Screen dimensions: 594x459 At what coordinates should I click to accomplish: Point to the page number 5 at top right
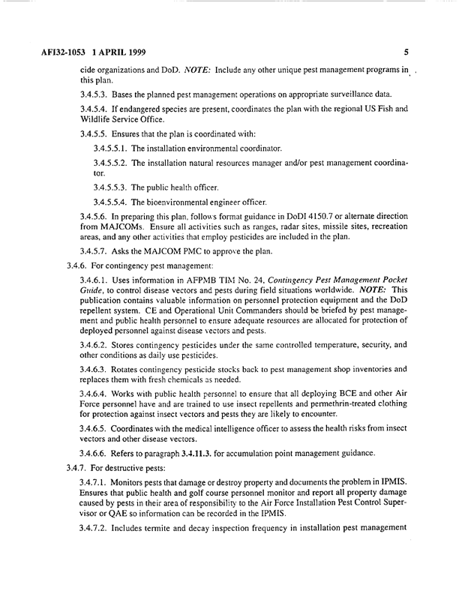(406, 52)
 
